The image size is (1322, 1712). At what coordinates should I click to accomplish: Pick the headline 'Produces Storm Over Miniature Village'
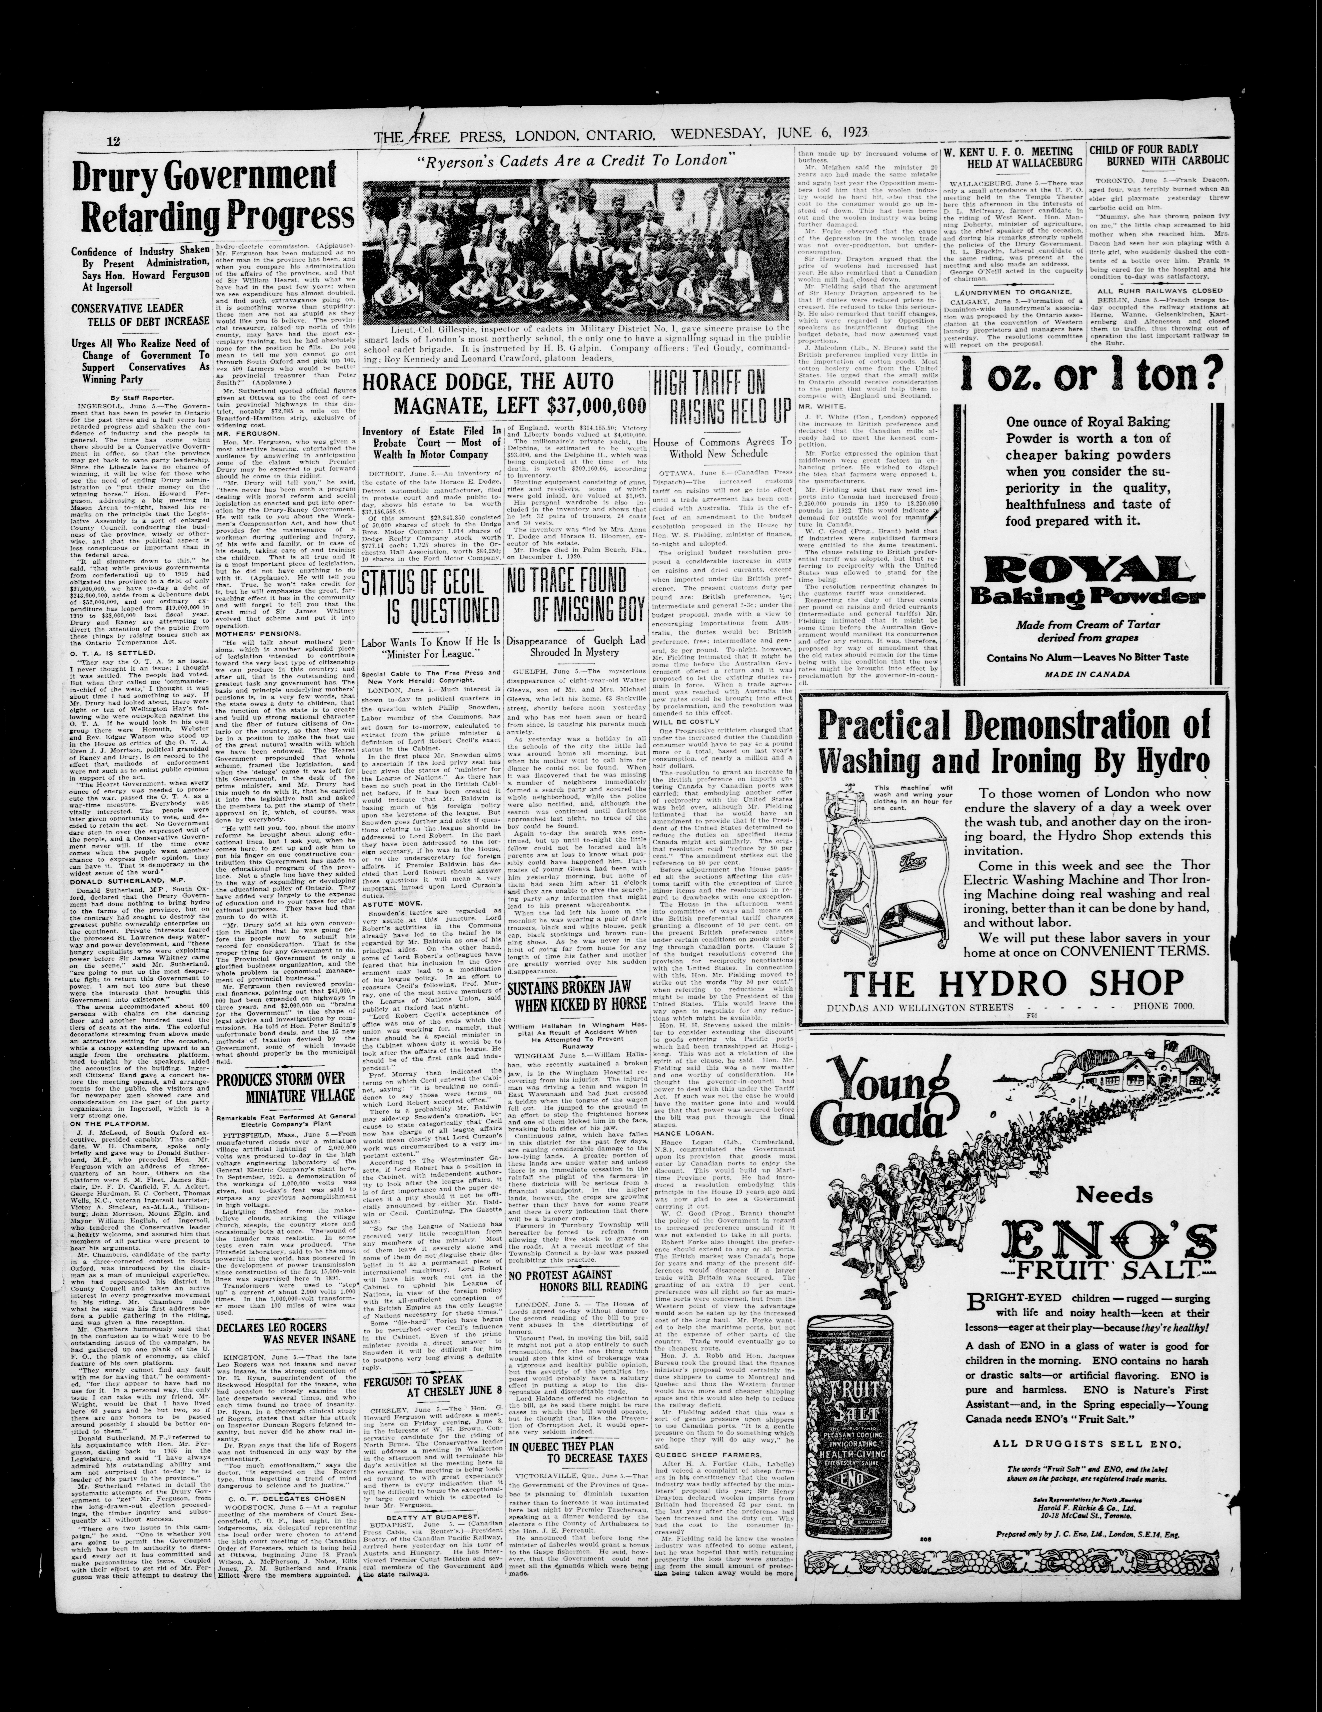click(x=285, y=1085)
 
